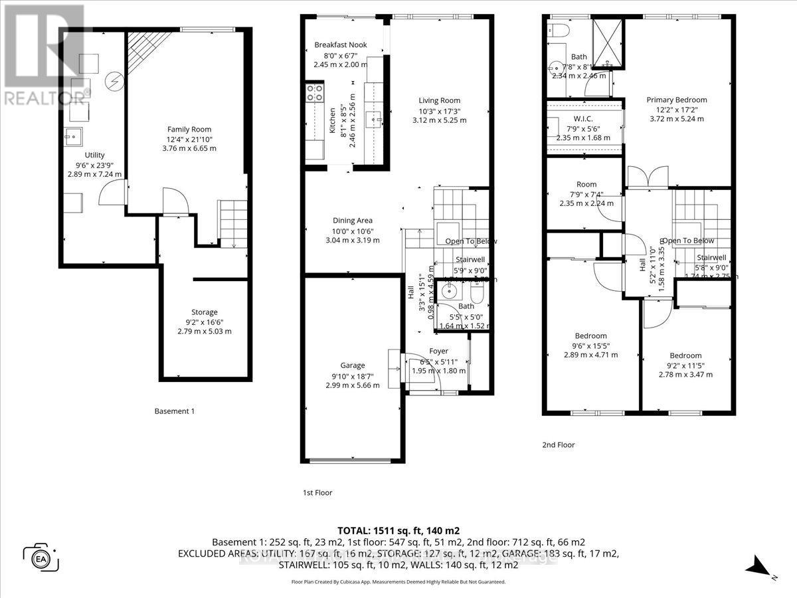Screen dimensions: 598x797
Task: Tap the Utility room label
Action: click(94, 155)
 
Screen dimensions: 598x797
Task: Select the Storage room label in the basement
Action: click(205, 312)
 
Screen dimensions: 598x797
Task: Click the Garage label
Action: click(353, 365)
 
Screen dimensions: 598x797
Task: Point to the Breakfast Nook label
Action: click(340, 45)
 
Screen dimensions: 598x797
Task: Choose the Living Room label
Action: click(440, 100)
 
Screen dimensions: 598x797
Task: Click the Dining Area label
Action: click(353, 221)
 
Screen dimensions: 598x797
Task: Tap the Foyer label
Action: click(438, 351)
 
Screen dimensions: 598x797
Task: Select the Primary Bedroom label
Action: click(677, 100)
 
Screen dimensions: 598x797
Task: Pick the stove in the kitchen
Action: click(313, 92)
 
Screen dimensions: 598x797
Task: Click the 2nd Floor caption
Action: click(558, 445)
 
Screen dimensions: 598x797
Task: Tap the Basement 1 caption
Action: click(174, 411)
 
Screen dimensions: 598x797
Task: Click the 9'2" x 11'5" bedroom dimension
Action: click(685, 365)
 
